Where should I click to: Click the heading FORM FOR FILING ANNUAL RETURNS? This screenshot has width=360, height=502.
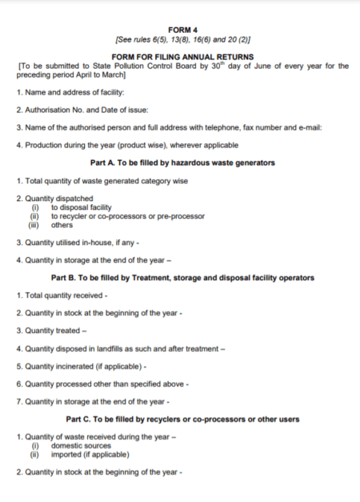tap(183, 57)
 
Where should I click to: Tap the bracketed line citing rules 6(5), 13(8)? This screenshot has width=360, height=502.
tap(183, 39)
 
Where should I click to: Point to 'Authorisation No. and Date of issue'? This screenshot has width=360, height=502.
tap(82, 111)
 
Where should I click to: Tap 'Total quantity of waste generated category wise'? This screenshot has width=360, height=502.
tap(102, 181)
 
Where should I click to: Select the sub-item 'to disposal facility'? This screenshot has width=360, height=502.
tap(81, 207)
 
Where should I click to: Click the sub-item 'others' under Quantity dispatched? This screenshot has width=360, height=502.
tap(62, 225)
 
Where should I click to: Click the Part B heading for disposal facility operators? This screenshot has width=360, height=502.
tap(183, 278)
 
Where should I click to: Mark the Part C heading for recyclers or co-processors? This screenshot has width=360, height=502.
tap(183, 419)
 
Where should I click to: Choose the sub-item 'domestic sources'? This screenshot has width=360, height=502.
tap(81, 445)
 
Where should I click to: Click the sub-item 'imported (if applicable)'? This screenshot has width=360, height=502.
tap(90, 454)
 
